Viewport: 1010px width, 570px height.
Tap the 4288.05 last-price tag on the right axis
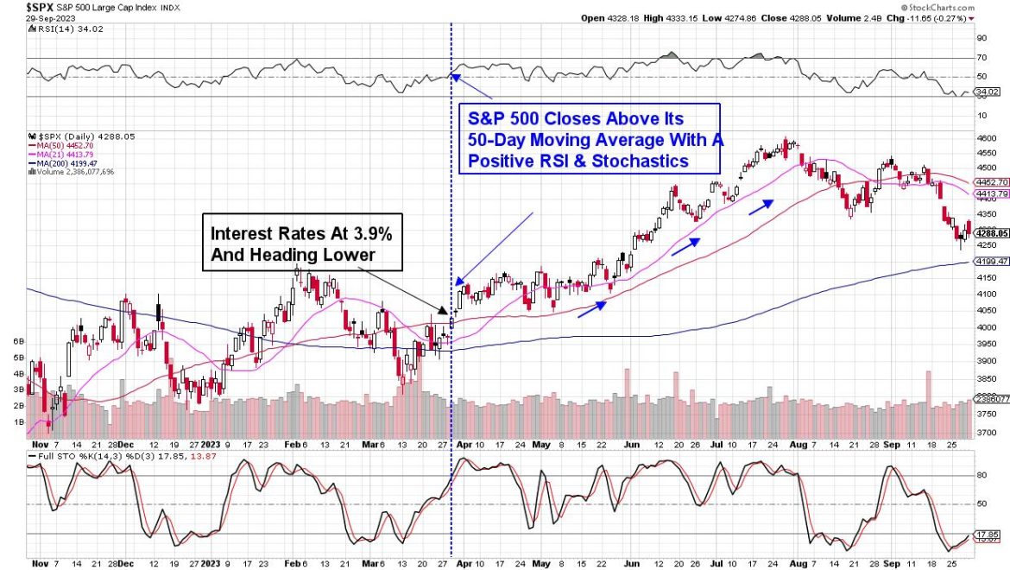tap(989, 232)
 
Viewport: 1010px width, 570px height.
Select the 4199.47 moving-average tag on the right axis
tap(989, 261)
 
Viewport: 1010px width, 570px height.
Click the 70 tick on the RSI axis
tap(982, 58)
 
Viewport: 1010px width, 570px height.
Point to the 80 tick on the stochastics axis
tap(982, 475)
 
